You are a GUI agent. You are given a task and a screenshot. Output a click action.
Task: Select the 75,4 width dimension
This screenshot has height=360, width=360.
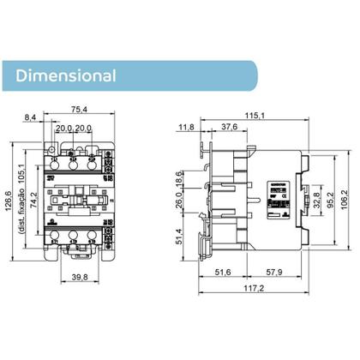[80, 110]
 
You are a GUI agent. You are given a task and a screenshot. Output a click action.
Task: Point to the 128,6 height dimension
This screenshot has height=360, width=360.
[10, 201]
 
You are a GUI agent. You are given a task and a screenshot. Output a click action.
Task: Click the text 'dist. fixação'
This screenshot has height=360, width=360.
[23, 225]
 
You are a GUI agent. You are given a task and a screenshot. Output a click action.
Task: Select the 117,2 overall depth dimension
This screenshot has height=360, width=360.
[252, 290]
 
